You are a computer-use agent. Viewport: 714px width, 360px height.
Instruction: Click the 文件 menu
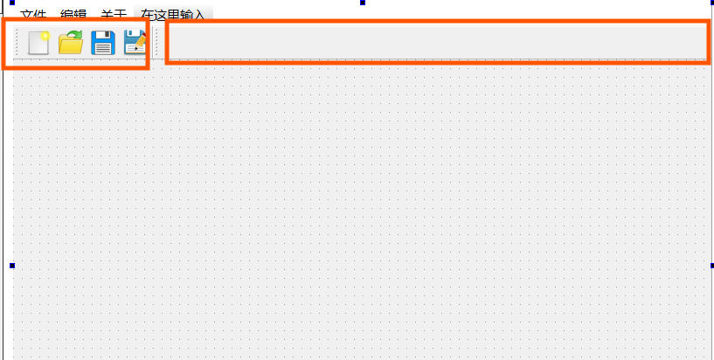pos(32,14)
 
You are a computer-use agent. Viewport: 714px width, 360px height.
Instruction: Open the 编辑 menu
pos(73,14)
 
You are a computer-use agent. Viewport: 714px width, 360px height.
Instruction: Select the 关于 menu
pos(114,14)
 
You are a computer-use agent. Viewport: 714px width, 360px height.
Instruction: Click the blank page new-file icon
pos(38,43)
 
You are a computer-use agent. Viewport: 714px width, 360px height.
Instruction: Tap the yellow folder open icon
pos(70,43)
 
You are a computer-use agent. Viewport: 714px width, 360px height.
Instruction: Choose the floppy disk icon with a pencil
pos(135,43)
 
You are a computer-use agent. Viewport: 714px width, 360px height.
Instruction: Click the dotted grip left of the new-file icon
pos(17,43)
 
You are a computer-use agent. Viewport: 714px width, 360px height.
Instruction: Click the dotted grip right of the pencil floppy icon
pos(156,43)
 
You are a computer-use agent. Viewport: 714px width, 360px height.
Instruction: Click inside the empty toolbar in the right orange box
pos(437,42)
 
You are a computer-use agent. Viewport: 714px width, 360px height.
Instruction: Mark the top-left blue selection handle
pos(12,3)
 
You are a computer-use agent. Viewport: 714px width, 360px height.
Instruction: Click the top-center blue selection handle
pos(362,3)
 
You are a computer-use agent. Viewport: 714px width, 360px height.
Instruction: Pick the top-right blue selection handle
pos(711,3)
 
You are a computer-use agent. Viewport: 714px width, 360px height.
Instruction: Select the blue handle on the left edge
pos(12,266)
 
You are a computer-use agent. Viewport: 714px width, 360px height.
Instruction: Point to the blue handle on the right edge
pos(711,266)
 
